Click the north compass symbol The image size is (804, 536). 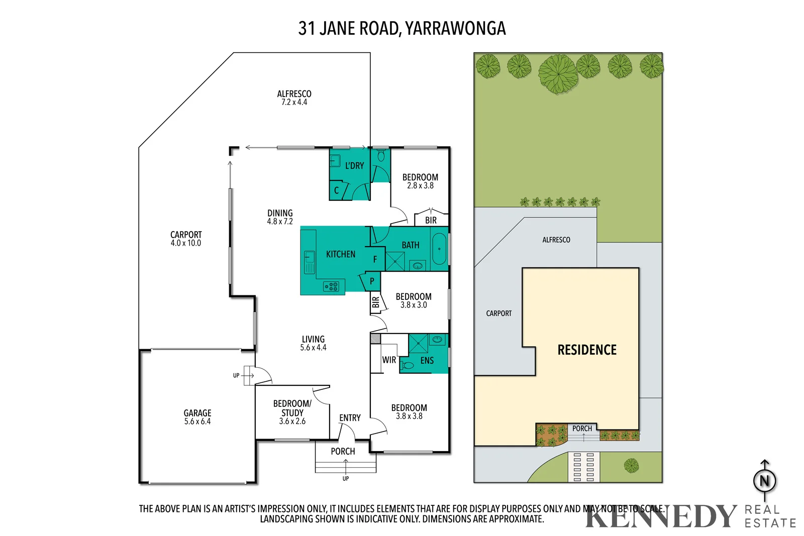(764, 481)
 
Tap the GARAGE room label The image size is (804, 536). (197, 413)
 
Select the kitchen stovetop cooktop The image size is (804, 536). (331, 287)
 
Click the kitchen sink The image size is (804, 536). (309, 262)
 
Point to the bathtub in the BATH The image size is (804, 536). (439, 249)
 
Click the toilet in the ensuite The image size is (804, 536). (408, 366)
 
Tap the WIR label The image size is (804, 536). (389, 360)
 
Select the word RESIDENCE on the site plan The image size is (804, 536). (587, 350)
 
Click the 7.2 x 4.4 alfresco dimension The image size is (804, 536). (294, 102)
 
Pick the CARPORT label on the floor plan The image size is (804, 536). (186, 235)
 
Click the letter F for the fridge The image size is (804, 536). (375, 260)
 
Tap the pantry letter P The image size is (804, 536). (372, 281)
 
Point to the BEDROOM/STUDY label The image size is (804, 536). (292, 408)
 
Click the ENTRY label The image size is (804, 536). (350, 418)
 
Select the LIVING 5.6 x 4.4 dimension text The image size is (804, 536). (314, 348)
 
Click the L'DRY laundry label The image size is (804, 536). (354, 166)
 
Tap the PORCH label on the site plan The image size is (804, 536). (582, 428)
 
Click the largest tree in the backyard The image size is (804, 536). (558, 74)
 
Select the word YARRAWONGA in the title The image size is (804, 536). (455, 29)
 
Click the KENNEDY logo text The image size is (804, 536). (660, 516)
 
